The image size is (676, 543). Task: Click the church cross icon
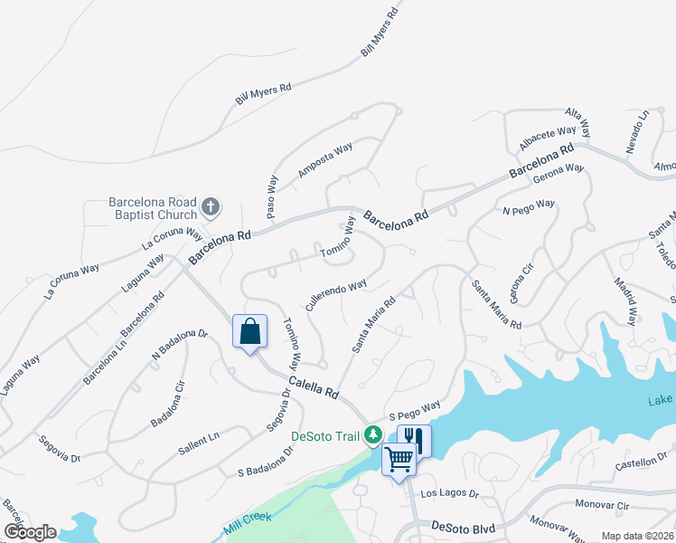click(x=211, y=207)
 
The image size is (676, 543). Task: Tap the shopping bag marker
click(x=249, y=331)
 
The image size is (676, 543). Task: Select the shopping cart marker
click(x=399, y=460)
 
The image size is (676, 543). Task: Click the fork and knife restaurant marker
click(x=414, y=441)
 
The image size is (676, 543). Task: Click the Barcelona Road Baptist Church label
click(x=152, y=208)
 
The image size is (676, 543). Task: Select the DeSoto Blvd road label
click(x=465, y=526)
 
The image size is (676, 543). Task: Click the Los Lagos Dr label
click(x=449, y=494)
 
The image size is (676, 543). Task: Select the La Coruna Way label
click(x=171, y=238)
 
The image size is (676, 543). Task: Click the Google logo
click(x=30, y=532)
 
